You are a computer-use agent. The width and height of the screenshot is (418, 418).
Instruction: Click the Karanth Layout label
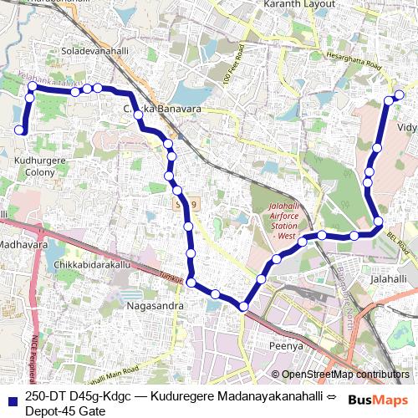(x=298, y=5)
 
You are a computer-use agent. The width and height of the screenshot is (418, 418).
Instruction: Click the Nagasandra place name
(x=154, y=306)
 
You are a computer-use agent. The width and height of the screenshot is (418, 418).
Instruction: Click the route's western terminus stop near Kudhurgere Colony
(x=21, y=130)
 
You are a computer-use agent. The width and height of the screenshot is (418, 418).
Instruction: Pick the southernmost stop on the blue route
(x=243, y=307)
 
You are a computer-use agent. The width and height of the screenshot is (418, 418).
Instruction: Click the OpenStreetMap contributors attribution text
(x=339, y=375)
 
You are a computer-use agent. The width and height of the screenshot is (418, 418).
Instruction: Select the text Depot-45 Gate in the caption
(x=64, y=410)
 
